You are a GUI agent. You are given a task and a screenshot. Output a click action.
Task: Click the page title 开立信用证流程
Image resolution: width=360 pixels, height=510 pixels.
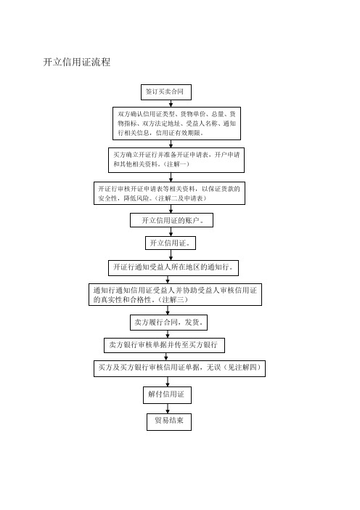[77, 62]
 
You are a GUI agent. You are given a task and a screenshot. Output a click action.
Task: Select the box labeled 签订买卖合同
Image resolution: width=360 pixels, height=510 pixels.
[165, 92]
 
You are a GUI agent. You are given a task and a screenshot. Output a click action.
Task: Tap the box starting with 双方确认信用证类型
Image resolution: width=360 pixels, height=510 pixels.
[176, 124]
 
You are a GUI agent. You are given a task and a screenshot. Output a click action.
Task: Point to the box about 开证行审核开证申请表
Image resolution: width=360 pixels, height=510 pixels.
[169, 193]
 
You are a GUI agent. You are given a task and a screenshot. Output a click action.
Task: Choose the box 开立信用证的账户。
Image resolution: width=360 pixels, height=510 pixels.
[171, 220]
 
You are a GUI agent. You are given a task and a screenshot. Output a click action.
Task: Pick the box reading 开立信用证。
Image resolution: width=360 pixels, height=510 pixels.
[171, 243]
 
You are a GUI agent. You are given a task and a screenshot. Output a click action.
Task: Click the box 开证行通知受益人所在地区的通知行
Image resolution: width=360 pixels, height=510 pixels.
[173, 267]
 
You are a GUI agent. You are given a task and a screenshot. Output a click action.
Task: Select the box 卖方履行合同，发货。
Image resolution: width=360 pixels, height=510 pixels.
[168, 323]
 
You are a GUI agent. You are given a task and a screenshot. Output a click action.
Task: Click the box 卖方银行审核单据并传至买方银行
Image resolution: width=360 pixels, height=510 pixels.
[164, 345]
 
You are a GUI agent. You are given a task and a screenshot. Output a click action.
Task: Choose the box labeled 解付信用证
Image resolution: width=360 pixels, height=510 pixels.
[167, 395]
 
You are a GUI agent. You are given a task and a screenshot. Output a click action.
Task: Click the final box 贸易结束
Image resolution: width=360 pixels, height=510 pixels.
[169, 421]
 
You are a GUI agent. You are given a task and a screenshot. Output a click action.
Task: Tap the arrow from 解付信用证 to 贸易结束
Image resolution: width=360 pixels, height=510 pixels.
[168, 408]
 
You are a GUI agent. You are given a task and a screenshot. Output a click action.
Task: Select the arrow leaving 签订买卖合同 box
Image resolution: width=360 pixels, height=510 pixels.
[171, 103]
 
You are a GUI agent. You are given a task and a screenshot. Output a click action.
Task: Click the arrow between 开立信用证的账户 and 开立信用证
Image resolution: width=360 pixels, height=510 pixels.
[171, 232]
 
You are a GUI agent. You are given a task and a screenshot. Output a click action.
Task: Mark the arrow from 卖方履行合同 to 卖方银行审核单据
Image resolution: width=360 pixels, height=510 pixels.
[168, 334]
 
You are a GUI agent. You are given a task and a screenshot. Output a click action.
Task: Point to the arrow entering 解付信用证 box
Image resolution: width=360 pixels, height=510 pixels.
[168, 381]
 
